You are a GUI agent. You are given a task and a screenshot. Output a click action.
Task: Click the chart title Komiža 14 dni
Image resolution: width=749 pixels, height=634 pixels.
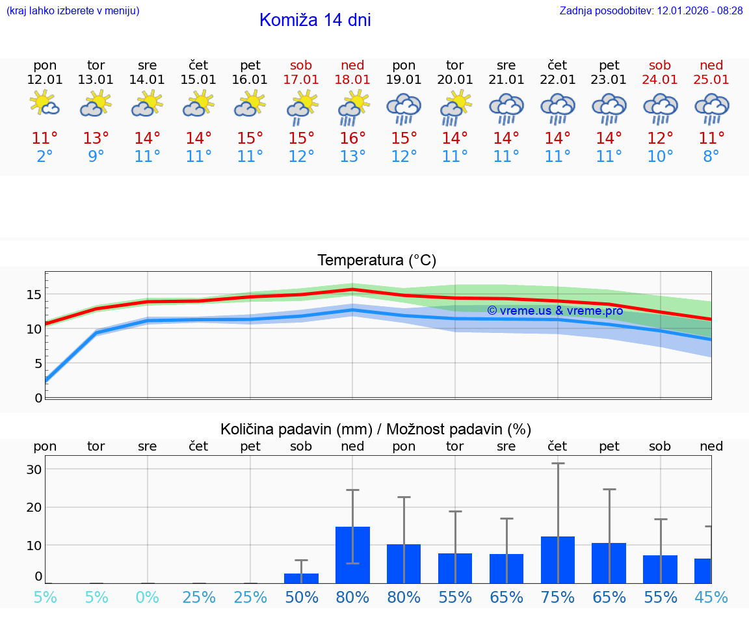click(x=315, y=20)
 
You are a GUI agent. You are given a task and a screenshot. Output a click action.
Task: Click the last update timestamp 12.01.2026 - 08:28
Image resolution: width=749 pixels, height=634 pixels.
click(x=690, y=11)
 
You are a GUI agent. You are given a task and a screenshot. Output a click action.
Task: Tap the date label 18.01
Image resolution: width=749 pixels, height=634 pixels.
click(x=352, y=80)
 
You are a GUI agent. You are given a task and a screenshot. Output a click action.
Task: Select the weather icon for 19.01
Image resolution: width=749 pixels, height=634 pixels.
click(x=404, y=109)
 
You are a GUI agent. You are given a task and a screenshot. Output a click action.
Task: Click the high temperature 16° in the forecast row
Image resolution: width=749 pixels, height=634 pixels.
click(x=352, y=139)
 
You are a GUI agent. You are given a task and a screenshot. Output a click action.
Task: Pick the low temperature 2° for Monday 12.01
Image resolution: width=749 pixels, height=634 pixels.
click(x=45, y=157)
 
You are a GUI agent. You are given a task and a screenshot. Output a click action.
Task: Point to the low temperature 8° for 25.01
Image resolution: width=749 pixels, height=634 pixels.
click(x=711, y=157)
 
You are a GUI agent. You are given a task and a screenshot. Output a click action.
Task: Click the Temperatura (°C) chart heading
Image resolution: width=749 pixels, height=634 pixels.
click(x=376, y=261)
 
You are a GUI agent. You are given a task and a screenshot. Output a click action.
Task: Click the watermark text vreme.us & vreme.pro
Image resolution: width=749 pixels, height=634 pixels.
click(x=555, y=311)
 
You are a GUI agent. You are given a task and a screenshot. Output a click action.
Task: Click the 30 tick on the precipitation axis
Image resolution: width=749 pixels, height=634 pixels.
click(x=34, y=469)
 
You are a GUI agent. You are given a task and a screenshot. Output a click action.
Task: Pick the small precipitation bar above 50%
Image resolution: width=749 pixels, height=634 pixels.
click(x=301, y=578)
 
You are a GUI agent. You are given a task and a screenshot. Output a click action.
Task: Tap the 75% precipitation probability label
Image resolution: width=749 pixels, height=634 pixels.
click(x=557, y=598)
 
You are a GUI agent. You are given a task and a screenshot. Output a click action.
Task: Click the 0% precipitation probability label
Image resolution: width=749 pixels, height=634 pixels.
click(x=148, y=598)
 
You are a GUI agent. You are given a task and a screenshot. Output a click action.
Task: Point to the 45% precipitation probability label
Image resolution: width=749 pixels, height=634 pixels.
click(x=711, y=598)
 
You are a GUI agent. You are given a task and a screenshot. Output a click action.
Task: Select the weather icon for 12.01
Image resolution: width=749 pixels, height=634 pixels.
click(x=45, y=104)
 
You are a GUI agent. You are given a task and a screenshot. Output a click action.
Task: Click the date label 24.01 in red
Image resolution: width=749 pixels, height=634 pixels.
click(x=660, y=80)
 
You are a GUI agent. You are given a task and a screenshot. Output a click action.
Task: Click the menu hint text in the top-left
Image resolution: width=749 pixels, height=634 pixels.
click(x=73, y=11)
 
